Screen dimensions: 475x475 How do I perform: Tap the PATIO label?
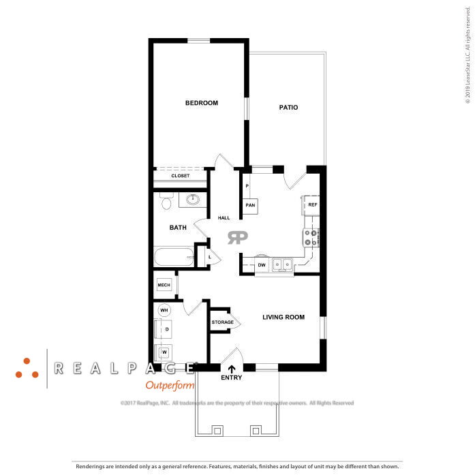[288, 108]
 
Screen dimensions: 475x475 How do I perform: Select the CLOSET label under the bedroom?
[181, 176]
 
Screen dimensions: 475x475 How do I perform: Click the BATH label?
[178, 227]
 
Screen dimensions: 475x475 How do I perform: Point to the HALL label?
[224, 218]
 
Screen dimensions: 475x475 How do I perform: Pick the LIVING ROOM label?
[284, 317]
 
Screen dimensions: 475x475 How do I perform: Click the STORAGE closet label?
[222, 322]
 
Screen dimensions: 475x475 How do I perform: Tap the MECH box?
[164, 285]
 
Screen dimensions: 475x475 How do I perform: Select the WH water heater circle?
[164, 311]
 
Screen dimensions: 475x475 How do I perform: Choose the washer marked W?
[164, 352]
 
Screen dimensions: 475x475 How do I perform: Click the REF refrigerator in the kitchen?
[312, 204]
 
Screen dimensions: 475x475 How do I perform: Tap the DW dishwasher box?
[262, 265]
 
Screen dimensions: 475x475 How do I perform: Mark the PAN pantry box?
[250, 205]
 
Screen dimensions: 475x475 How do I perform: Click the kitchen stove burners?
[311, 237]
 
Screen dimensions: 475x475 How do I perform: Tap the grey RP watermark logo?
[238, 237]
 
